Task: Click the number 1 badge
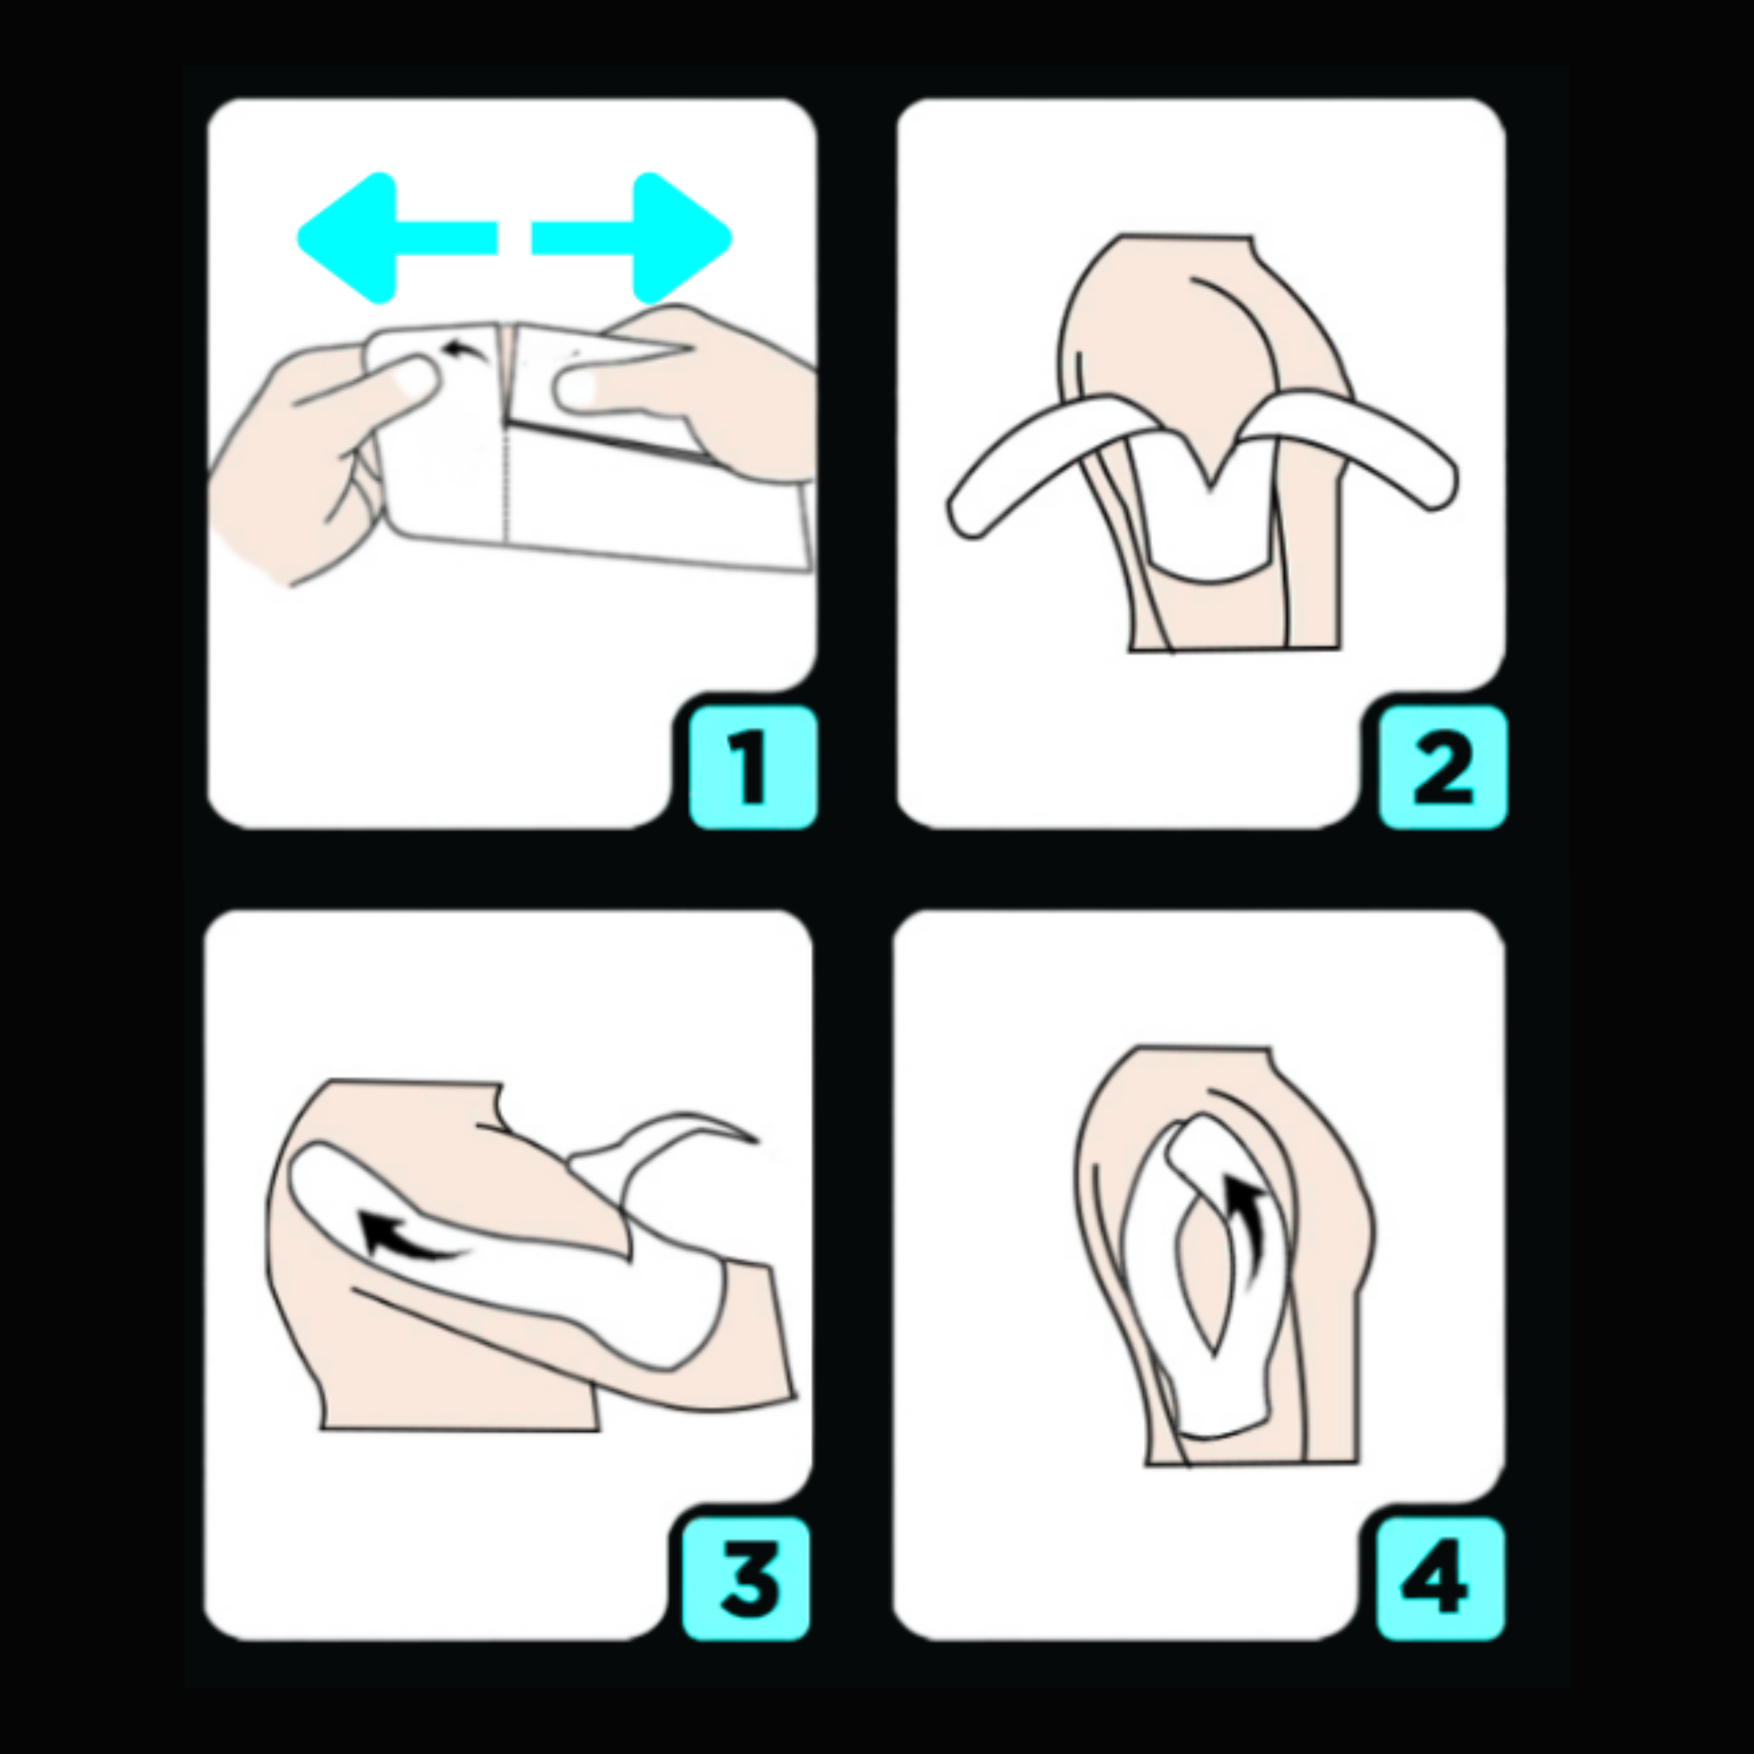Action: point(753,768)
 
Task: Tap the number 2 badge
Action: point(1442,768)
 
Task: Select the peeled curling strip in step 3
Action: point(663,1146)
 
